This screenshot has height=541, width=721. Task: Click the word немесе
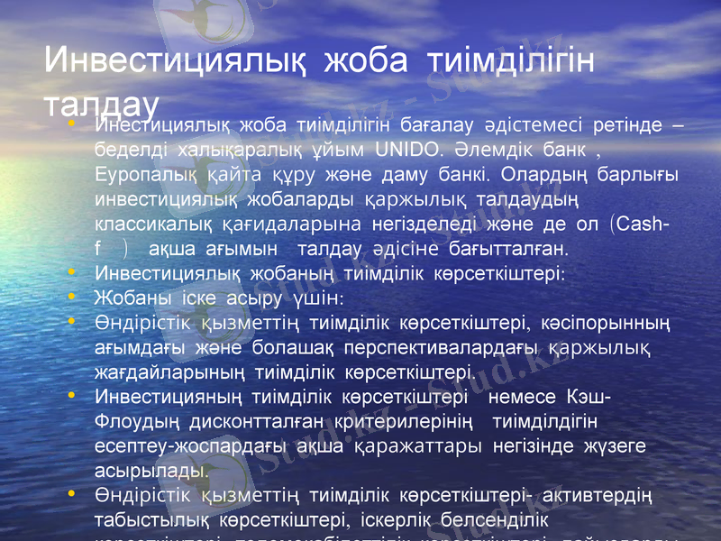coord(526,396)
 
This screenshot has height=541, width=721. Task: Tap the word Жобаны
coord(127,297)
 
